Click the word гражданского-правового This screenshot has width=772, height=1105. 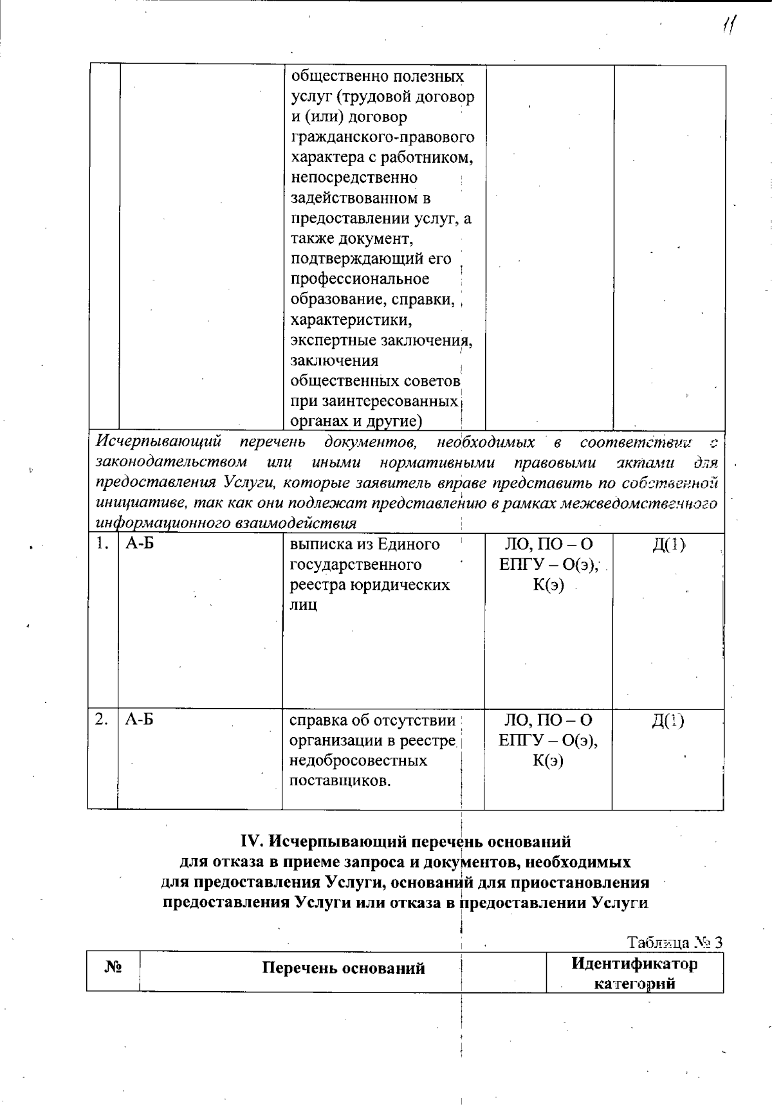coord(383,137)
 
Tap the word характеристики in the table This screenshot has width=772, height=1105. coord(351,320)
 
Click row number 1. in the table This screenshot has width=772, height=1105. coord(100,544)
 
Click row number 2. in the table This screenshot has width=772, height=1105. coord(101,720)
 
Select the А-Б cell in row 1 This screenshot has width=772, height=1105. coord(139,544)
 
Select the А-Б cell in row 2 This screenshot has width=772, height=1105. coord(139,720)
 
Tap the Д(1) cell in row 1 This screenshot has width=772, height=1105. coord(668,545)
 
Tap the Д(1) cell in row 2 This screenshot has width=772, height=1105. coord(668,720)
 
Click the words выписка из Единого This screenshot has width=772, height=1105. coord(365,544)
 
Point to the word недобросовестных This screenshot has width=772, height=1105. coord(358,761)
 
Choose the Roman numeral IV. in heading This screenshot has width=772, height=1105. coord(252,841)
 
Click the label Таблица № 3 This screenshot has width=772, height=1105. coord(675,942)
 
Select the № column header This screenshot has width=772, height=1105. coord(113,967)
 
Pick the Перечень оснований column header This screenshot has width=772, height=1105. coord(343,968)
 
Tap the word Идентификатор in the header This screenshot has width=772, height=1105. coord(634,963)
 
